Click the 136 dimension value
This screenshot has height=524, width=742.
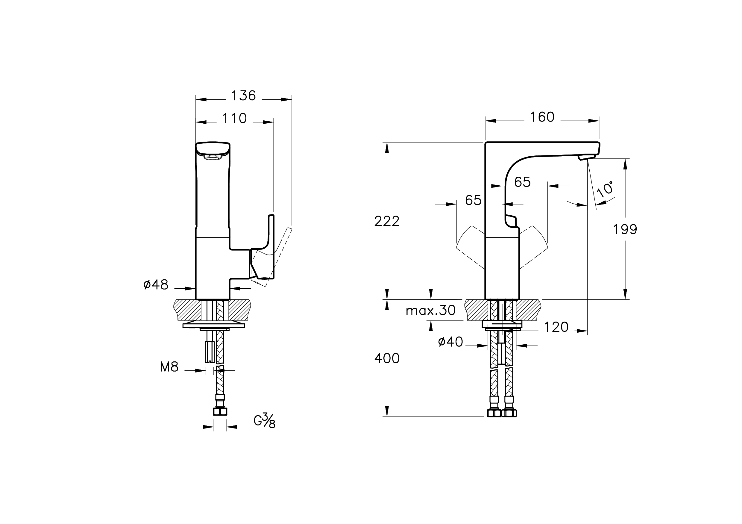pos(243,96)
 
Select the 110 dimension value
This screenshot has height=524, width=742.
pos(234,118)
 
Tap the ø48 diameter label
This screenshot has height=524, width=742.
pos(156,285)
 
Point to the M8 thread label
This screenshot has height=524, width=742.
pos(169,367)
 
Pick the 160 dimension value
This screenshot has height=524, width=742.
pos(542,117)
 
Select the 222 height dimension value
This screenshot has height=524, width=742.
pos(387,222)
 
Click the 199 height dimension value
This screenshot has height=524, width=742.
pos(625,230)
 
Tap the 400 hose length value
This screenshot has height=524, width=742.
pos(387,358)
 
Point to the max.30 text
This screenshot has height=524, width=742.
pos(430,311)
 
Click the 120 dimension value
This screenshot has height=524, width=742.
pos(556,328)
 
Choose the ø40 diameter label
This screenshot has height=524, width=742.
pos(450,342)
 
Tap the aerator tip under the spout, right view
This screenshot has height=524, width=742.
pos(587,158)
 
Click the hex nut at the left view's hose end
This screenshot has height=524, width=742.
pos(220,411)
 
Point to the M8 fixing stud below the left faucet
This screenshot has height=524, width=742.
pos(210,352)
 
